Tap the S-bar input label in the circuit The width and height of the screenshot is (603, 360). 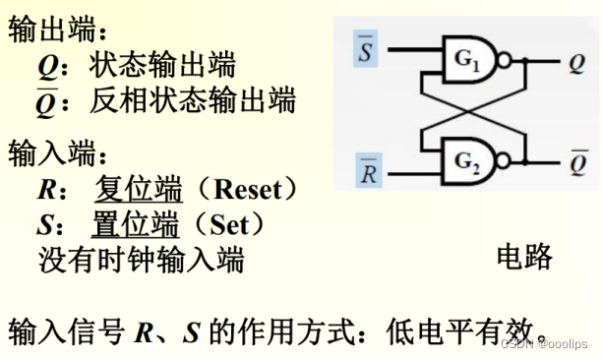coord(365,50)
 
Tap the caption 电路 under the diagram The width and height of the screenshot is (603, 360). coord(523,258)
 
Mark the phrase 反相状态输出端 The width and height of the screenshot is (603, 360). coord(192,100)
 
